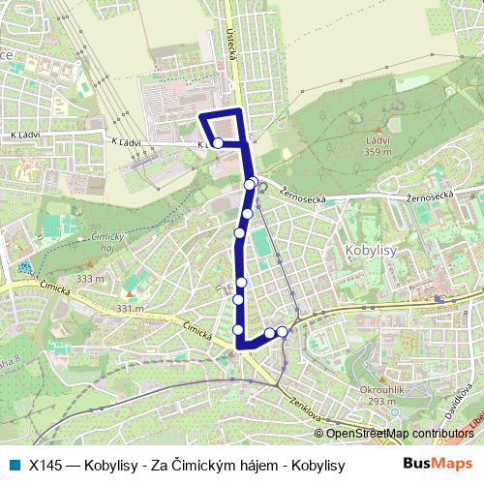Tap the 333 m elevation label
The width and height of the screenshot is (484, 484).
click(x=90, y=279)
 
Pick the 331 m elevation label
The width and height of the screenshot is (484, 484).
click(x=130, y=309)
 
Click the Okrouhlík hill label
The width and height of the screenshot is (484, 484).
click(x=378, y=391)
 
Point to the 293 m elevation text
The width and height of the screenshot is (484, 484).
click(x=378, y=402)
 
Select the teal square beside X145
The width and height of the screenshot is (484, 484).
click(x=14, y=466)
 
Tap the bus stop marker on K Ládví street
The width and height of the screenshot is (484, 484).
click(x=218, y=143)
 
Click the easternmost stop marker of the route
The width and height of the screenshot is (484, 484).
click(x=282, y=332)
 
